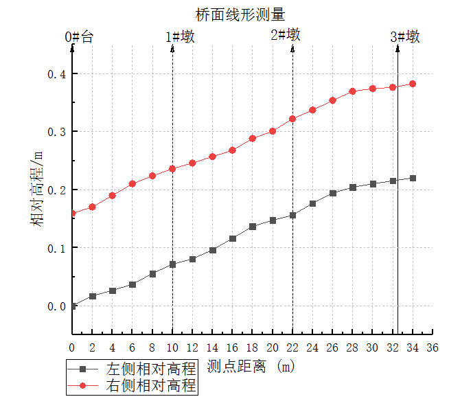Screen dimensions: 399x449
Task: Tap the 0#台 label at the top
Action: [x=79, y=37]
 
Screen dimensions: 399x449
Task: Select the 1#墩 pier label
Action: [x=181, y=37]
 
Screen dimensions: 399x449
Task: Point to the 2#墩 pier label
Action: [x=286, y=35]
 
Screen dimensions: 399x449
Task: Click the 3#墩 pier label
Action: [x=405, y=37]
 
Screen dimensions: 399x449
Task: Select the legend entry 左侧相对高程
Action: [x=151, y=368]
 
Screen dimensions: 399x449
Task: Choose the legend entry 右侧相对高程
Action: [x=151, y=385]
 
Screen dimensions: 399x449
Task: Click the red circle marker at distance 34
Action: [x=413, y=84]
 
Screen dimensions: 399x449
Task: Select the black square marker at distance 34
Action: [x=413, y=178]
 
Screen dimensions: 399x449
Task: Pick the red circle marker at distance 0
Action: [x=73, y=214]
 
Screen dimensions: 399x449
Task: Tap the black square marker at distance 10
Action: [x=172, y=264]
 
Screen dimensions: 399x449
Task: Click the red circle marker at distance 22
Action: [x=292, y=119]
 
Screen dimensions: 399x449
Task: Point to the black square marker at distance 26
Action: [x=333, y=193]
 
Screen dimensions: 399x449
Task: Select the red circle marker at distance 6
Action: [x=133, y=183]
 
